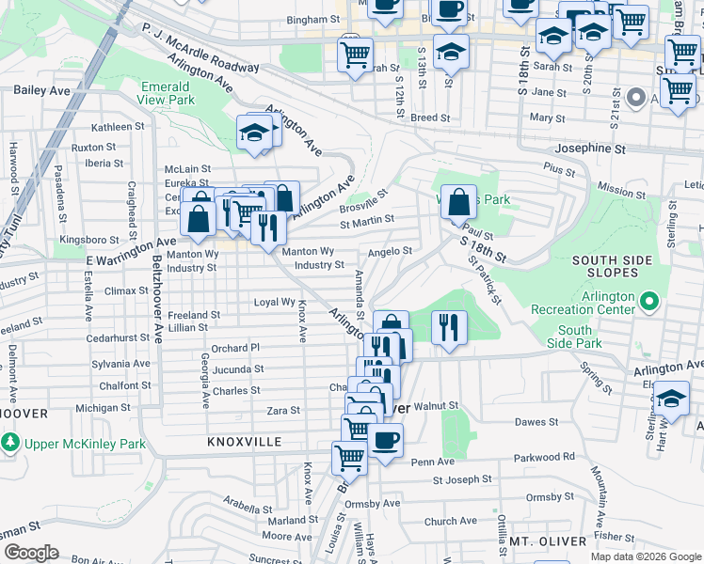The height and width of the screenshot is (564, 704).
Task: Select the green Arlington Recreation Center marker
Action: (649, 301)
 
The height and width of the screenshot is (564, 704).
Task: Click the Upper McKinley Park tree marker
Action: (10, 442)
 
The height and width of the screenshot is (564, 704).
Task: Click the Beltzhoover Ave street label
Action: (156, 298)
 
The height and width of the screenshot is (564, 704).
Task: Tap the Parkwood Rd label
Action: (544, 457)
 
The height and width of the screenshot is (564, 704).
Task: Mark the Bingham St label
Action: (313, 19)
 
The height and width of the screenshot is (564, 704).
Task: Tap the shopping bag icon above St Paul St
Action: (457, 202)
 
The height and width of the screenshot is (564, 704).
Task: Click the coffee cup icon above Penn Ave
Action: (385, 440)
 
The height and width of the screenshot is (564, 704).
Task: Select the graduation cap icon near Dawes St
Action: (671, 399)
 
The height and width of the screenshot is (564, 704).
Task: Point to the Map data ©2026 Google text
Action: (645, 556)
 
